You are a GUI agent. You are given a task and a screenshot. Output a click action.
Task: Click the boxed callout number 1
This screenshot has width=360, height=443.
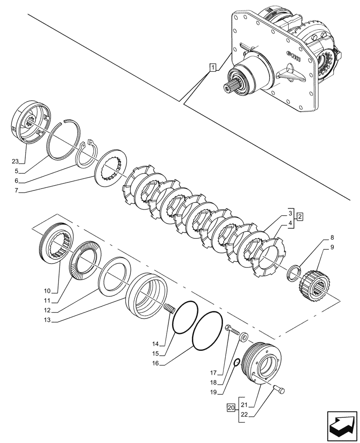[213, 68]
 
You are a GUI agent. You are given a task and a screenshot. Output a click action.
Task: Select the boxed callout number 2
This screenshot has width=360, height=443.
[300, 217]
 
